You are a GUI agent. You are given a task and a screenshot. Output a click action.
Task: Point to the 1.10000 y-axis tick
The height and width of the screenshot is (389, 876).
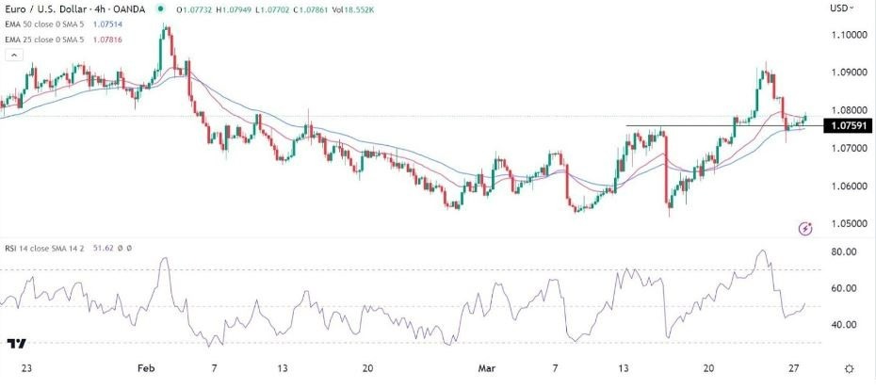[x=849, y=35]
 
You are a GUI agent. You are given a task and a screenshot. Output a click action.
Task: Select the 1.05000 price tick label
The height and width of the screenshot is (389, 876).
[x=849, y=223]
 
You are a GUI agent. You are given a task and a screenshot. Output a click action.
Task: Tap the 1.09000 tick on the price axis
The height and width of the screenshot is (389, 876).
[x=849, y=73]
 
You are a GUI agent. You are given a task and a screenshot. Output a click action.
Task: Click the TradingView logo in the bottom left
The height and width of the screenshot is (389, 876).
[x=16, y=346]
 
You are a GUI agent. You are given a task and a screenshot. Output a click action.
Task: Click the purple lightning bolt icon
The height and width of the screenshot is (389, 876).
[x=805, y=228]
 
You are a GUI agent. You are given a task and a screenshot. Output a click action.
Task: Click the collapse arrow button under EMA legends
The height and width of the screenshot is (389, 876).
[x=13, y=56]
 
